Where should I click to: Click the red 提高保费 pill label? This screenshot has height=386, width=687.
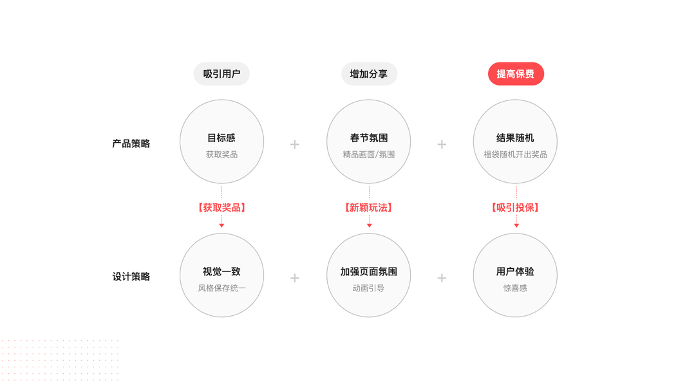coord(516,74)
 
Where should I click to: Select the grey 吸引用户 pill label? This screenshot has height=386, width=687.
coord(221,74)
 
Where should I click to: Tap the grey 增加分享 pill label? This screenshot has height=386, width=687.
coord(369,74)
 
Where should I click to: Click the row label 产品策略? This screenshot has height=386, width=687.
coord(131,143)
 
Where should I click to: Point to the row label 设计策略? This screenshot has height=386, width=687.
coord(131,277)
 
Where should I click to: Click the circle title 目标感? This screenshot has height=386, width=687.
coord(221,138)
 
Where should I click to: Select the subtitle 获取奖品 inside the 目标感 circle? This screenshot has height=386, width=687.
coord(221,154)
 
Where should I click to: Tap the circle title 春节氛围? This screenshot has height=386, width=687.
coord(369,138)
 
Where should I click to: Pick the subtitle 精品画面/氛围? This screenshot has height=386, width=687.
coord(369,154)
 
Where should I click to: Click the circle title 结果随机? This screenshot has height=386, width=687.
coord(515,138)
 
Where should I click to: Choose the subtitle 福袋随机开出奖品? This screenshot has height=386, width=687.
coord(515,154)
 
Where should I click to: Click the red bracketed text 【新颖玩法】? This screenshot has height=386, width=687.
coord(369,208)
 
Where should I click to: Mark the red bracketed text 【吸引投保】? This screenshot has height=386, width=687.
coord(515,208)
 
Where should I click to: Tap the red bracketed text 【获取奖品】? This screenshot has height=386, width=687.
coord(221,208)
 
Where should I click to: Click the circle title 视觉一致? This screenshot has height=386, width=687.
coord(221,271)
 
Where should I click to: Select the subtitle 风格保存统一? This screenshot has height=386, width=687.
coord(221,288)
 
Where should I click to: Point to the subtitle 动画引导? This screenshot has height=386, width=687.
coord(369,288)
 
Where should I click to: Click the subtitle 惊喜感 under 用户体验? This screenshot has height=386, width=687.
coord(515,288)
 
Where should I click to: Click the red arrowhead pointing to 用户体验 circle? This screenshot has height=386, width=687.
coord(516,225)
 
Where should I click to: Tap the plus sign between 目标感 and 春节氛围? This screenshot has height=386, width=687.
coord(295,144)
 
